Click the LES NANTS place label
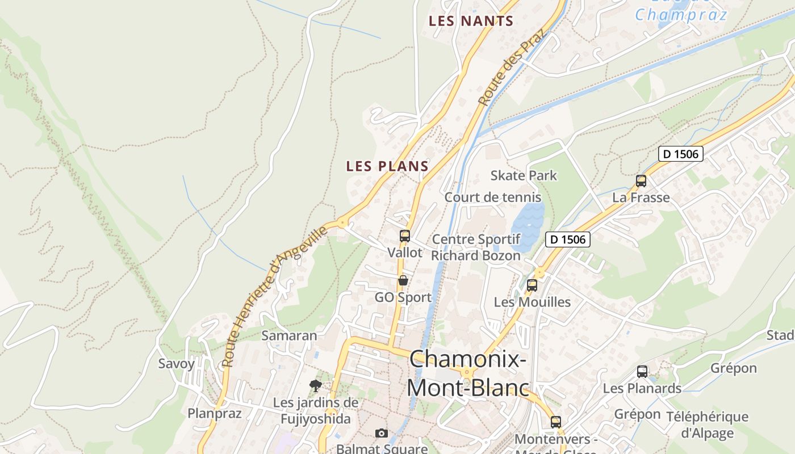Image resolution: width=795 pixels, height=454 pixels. point(471,22)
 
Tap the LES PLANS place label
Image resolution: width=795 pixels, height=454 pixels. point(387,166)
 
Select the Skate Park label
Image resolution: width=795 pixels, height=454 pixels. point(524,175)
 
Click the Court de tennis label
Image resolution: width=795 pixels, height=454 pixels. point(492,197)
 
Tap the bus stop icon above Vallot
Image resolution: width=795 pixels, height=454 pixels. point(404,236)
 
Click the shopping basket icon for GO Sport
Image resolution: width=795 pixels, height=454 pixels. point(403,280)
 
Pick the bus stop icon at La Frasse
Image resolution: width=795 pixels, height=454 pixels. point(641,181)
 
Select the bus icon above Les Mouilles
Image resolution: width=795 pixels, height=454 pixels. point(532,285)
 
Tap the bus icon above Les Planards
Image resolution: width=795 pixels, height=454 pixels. point(642,372)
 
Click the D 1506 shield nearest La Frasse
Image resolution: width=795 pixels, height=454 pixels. point(681,154)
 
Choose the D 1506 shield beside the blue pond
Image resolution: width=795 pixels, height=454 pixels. point(568,239)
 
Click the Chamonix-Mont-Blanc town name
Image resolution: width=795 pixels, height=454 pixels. point(467,373)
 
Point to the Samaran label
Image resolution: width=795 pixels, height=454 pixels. point(289,335)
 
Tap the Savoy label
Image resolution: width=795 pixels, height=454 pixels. point(176,364)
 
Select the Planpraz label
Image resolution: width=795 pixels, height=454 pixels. point(215,413)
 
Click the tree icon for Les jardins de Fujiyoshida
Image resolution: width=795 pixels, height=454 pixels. point(316,386)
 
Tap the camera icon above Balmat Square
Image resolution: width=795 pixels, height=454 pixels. point(382,434)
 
